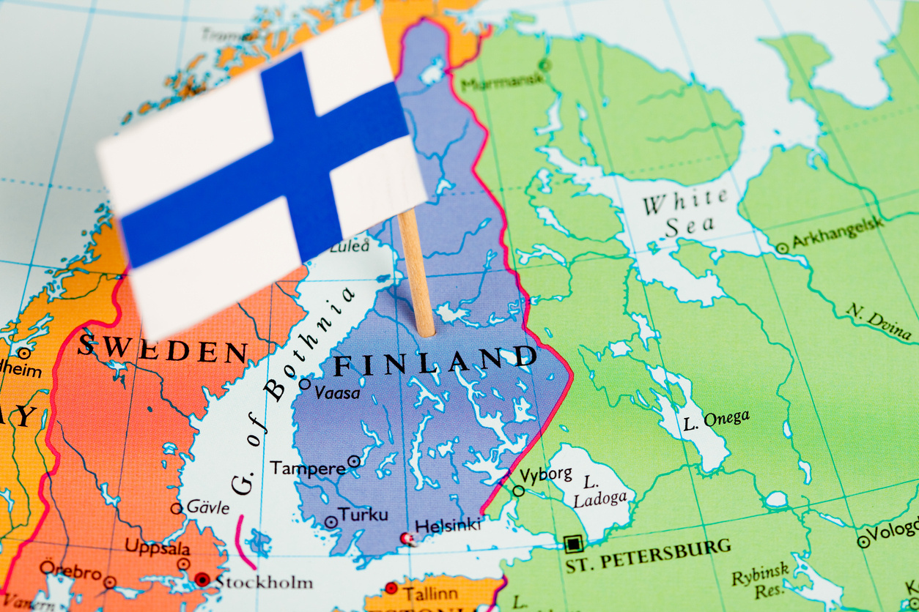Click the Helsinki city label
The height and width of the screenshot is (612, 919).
click(448, 526)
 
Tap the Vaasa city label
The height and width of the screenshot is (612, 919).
click(337, 393)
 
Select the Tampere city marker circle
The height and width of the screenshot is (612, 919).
click(354, 461)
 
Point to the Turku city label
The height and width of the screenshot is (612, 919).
click(363, 515)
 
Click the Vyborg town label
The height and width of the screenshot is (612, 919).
click(546, 474)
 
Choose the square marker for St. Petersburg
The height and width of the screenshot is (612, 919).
click(572, 543)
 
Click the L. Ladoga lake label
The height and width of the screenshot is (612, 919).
click(600, 491)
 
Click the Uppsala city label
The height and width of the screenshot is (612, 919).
click(157, 547)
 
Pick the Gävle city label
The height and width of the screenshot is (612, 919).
click(208, 507)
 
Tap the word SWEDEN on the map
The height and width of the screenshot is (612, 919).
click(163, 348)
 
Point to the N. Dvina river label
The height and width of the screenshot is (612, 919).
click(879, 321)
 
